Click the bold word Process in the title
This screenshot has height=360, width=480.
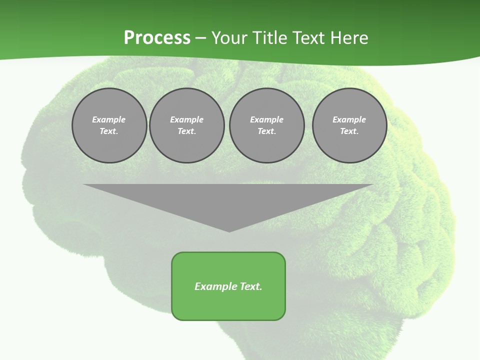click(157, 38)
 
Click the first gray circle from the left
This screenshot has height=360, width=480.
click(109, 125)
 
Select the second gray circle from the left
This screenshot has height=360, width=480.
click(186, 125)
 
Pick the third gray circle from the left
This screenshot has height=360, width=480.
click(266, 125)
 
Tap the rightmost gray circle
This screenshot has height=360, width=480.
click(349, 125)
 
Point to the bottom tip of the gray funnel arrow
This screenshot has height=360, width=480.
click(229, 231)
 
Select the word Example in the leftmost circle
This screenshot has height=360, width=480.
click(109, 119)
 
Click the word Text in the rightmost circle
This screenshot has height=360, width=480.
click(349, 131)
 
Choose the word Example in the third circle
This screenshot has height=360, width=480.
click(266, 119)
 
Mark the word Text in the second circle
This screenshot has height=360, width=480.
click(186, 131)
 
